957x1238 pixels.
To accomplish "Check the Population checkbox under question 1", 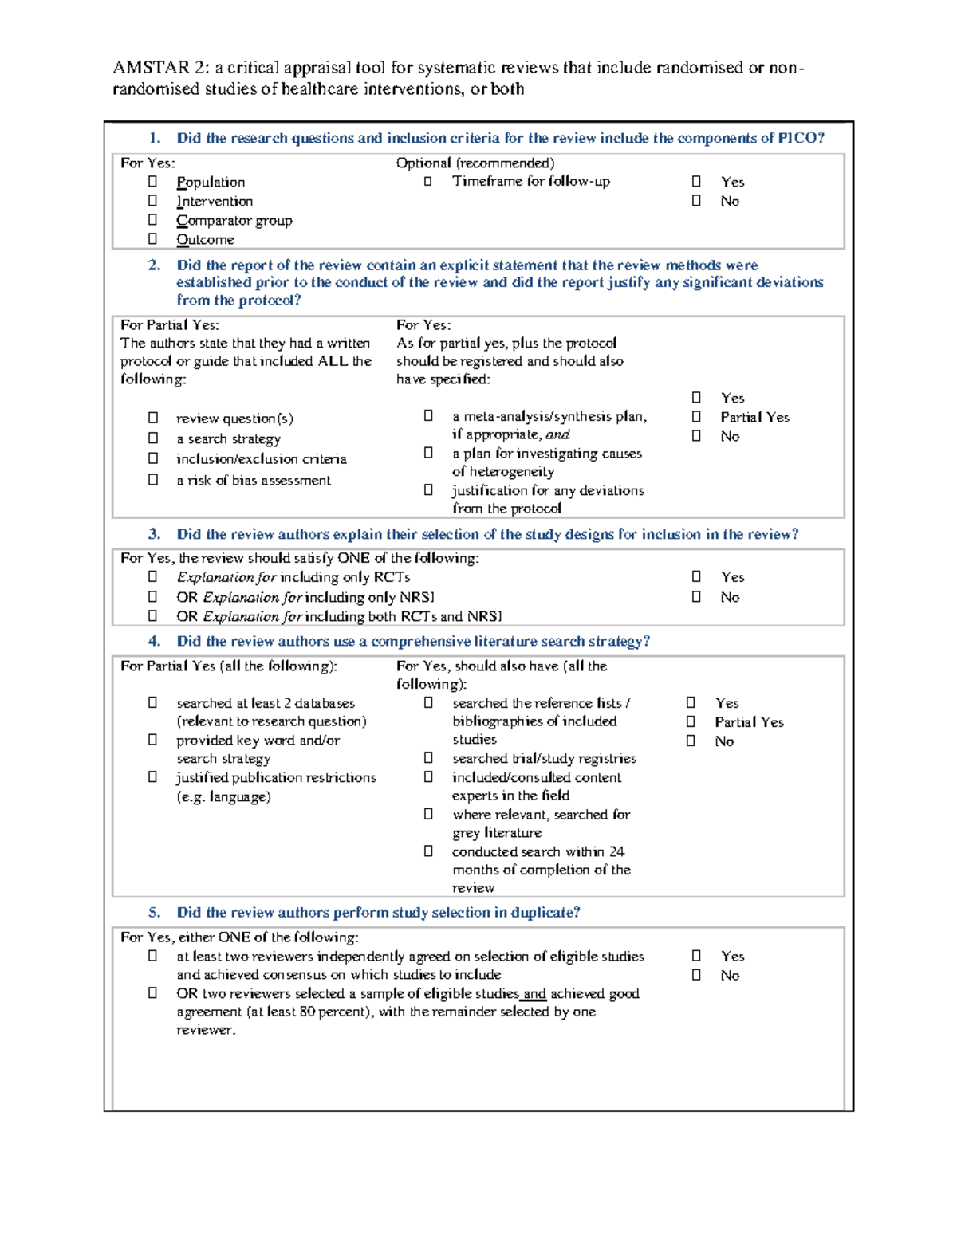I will [x=152, y=182].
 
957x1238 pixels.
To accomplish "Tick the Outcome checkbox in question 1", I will [x=152, y=239].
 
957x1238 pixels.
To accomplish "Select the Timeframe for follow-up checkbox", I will [x=428, y=182].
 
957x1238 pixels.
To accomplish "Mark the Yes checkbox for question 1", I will [x=696, y=182].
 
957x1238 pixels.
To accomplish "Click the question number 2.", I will [x=154, y=265].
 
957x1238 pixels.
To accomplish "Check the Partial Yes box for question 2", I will [x=696, y=417].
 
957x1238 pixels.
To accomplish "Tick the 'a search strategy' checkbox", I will [x=152, y=438].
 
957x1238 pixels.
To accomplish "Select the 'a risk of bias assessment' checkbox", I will [x=152, y=480].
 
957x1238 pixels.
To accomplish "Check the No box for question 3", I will [x=696, y=597].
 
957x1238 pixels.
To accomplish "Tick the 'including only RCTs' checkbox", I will [x=152, y=576].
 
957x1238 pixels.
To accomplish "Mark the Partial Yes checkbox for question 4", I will [x=691, y=722].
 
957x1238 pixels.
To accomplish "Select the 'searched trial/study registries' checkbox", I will [x=428, y=758].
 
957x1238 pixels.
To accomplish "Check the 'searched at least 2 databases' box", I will [x=152, y=703].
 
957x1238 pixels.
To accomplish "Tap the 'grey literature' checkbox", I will [x=428, y=815].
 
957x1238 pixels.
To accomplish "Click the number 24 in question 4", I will [x=616, y=851].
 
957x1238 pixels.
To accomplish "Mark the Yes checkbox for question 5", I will [x=696, y=956].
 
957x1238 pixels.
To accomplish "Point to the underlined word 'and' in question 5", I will [x=534, y=994].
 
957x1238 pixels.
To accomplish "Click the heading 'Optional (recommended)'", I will [x=475, y=163].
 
